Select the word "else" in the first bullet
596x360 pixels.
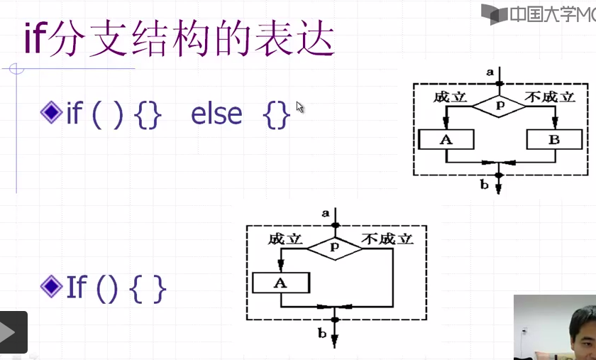tap(216, 114)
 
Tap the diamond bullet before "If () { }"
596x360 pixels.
tap(51, 286)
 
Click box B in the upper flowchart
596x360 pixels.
tap(553, 140)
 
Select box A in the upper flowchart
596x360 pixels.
tap(446, 140)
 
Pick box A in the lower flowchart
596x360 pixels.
tap(281, 283)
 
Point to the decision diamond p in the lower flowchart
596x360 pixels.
tap(333, 246)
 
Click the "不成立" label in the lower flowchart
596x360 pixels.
tap(387, 239)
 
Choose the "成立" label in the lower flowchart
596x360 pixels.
tap(285, 239)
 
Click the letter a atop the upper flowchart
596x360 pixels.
tap(490, 72)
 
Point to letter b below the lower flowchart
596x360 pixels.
tap(322, 332)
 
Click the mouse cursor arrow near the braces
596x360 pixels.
tap(299, 107)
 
